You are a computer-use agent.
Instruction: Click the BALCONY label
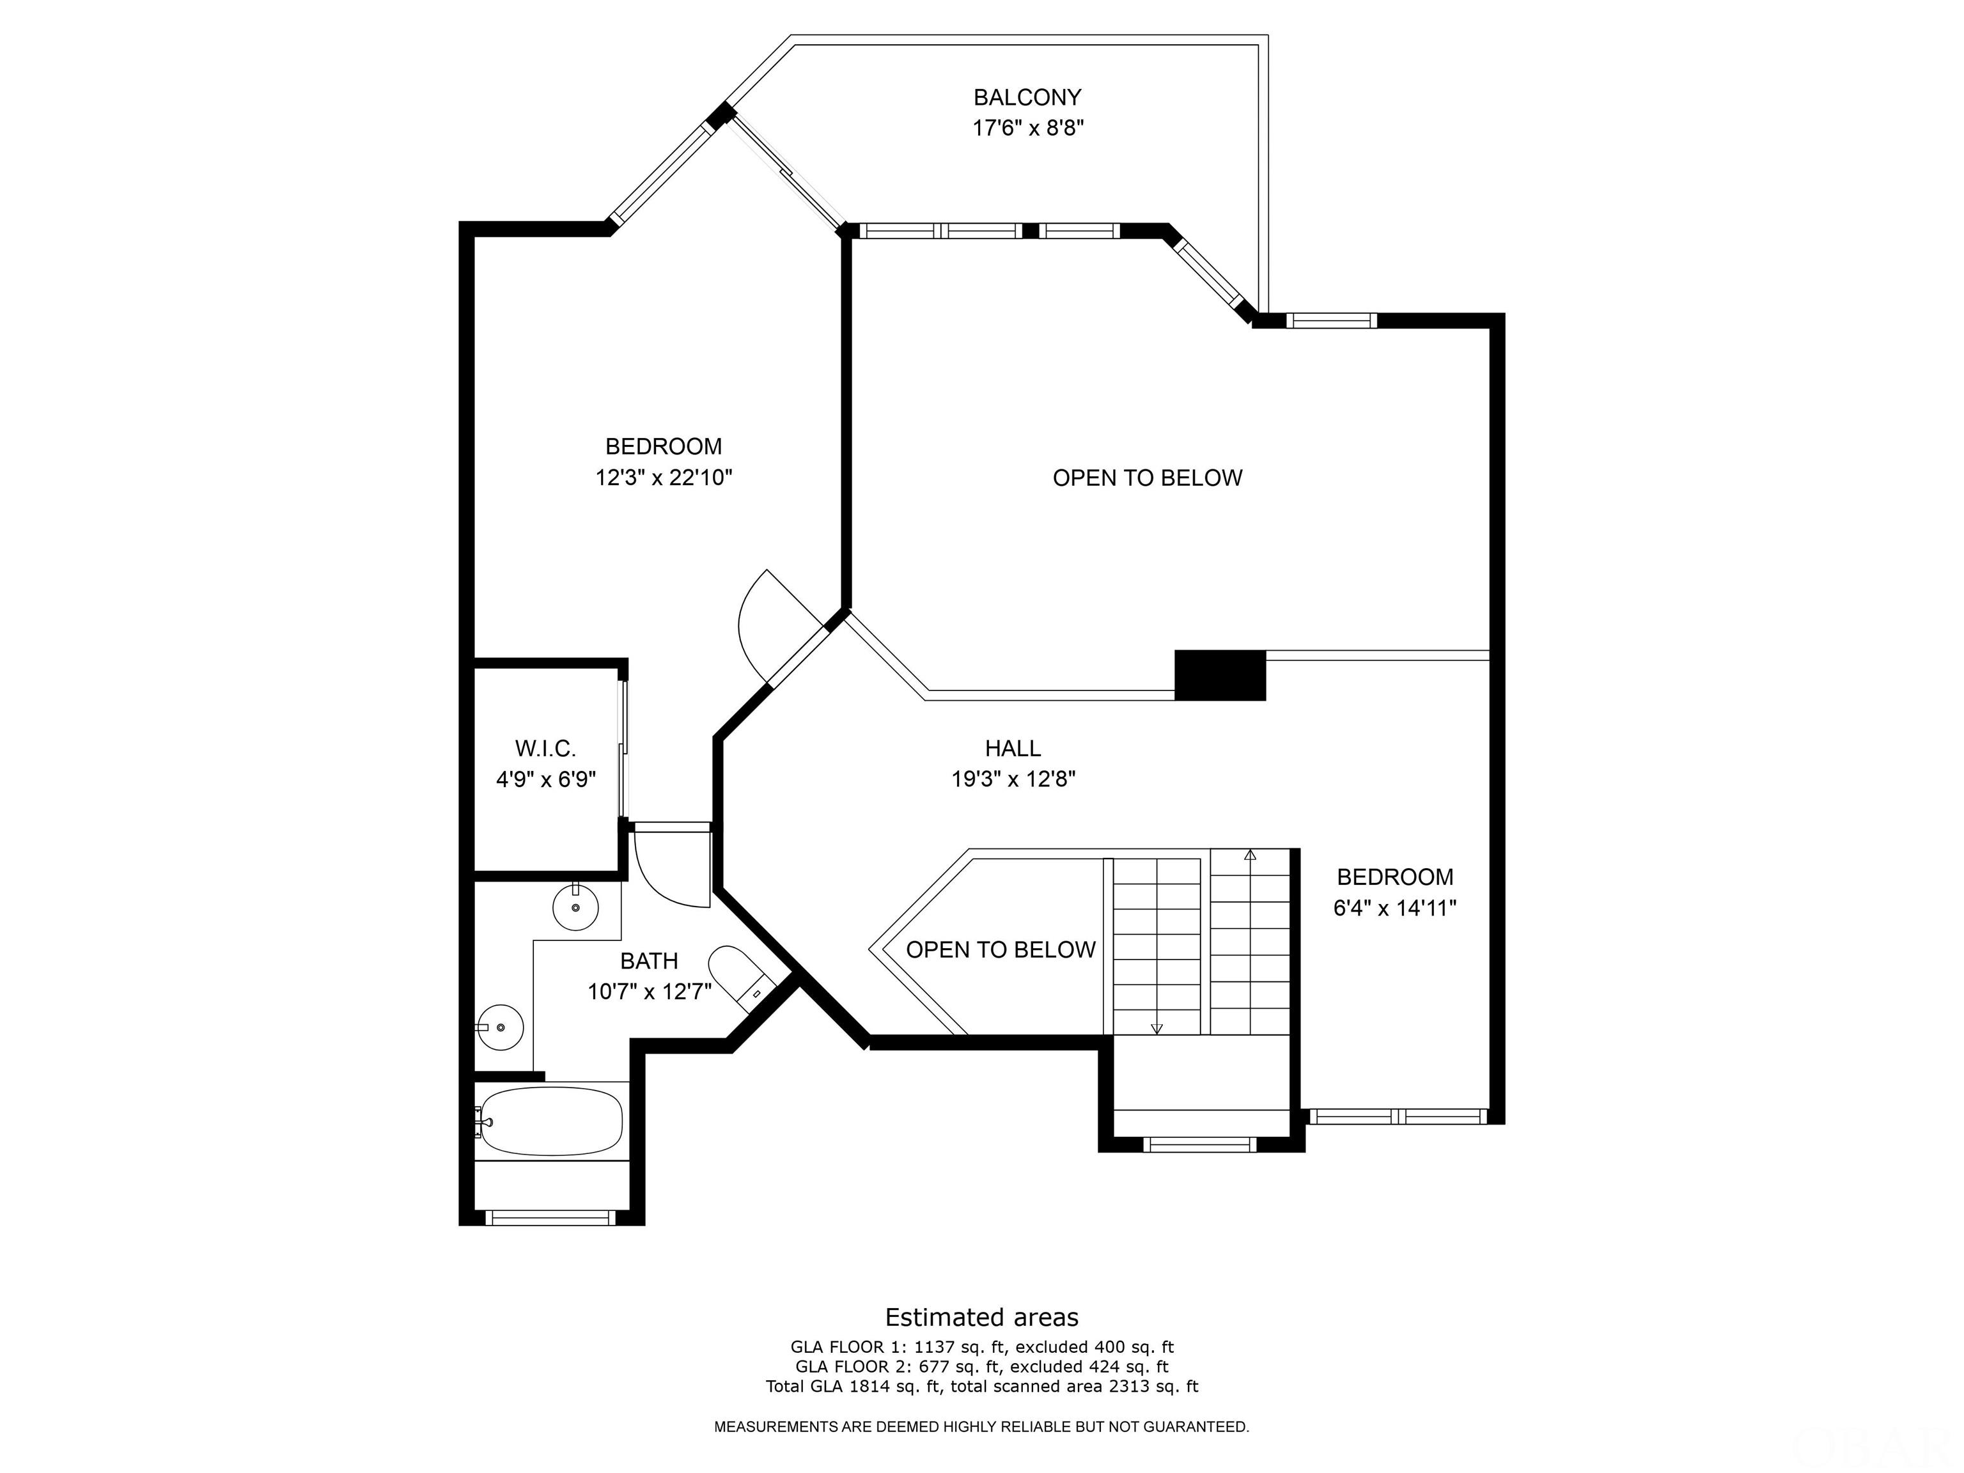[1027, 97]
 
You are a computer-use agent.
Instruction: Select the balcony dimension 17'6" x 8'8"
[1028, 128]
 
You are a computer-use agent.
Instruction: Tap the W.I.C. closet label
[545, 749]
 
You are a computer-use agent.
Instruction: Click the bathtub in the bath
[550, 1121]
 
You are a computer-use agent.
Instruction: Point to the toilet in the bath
[740, 978]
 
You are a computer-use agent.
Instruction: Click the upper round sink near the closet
[575, 907]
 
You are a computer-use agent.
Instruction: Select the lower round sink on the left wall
[500, 1027]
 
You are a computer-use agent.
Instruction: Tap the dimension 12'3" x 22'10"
[663, 478]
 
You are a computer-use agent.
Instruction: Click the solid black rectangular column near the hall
[1219, 674]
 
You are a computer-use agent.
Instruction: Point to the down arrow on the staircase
[1156, 1028]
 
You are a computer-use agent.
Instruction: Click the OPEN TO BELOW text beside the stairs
[1001, 950]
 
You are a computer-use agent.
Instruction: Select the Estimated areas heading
[981, 1317]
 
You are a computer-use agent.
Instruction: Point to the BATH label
[649, 961]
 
